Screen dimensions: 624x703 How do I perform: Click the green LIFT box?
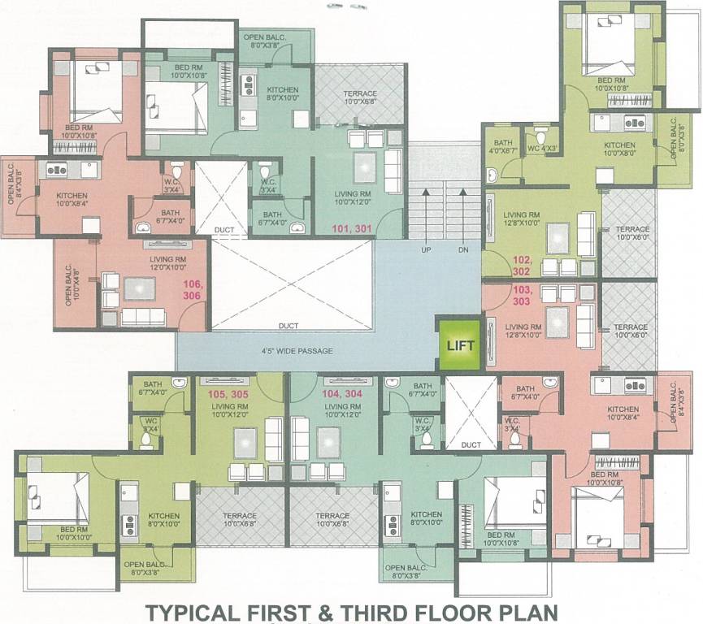(x=459, y=344)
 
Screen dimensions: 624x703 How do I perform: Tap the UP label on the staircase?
(x=426, y=250)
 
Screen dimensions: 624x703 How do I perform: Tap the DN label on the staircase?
(x=463, y=250)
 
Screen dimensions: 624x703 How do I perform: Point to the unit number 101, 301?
(x=352, y=229)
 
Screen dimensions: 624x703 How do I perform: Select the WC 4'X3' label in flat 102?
(x=541, y=148)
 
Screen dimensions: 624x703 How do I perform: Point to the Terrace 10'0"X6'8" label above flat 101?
(x=359, y=97)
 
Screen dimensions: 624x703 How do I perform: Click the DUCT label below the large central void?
(x=288, y=326)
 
